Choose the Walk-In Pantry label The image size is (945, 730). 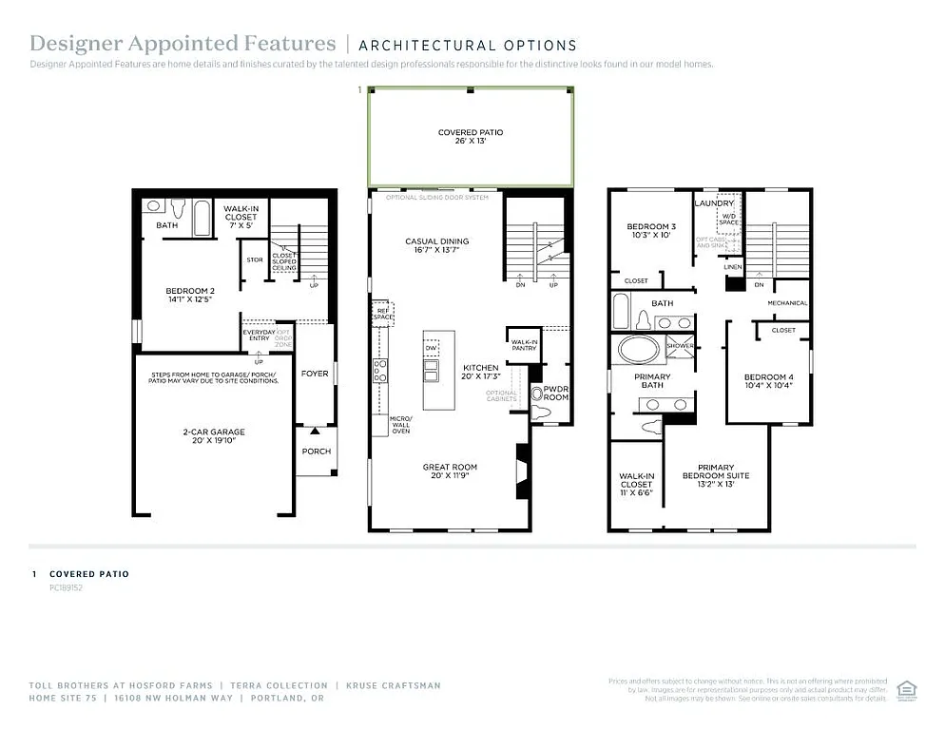[524, 345]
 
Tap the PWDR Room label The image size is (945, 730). [555, 394]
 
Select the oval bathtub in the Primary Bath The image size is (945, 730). [638, 349]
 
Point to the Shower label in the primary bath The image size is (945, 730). [681, 346]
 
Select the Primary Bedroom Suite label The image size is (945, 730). [715, 471]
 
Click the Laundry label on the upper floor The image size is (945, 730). [714, 203]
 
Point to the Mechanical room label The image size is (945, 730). [787, 303]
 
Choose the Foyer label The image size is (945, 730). [315, 374]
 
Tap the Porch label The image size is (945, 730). [317, 451]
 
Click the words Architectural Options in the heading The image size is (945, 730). [467, 45]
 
